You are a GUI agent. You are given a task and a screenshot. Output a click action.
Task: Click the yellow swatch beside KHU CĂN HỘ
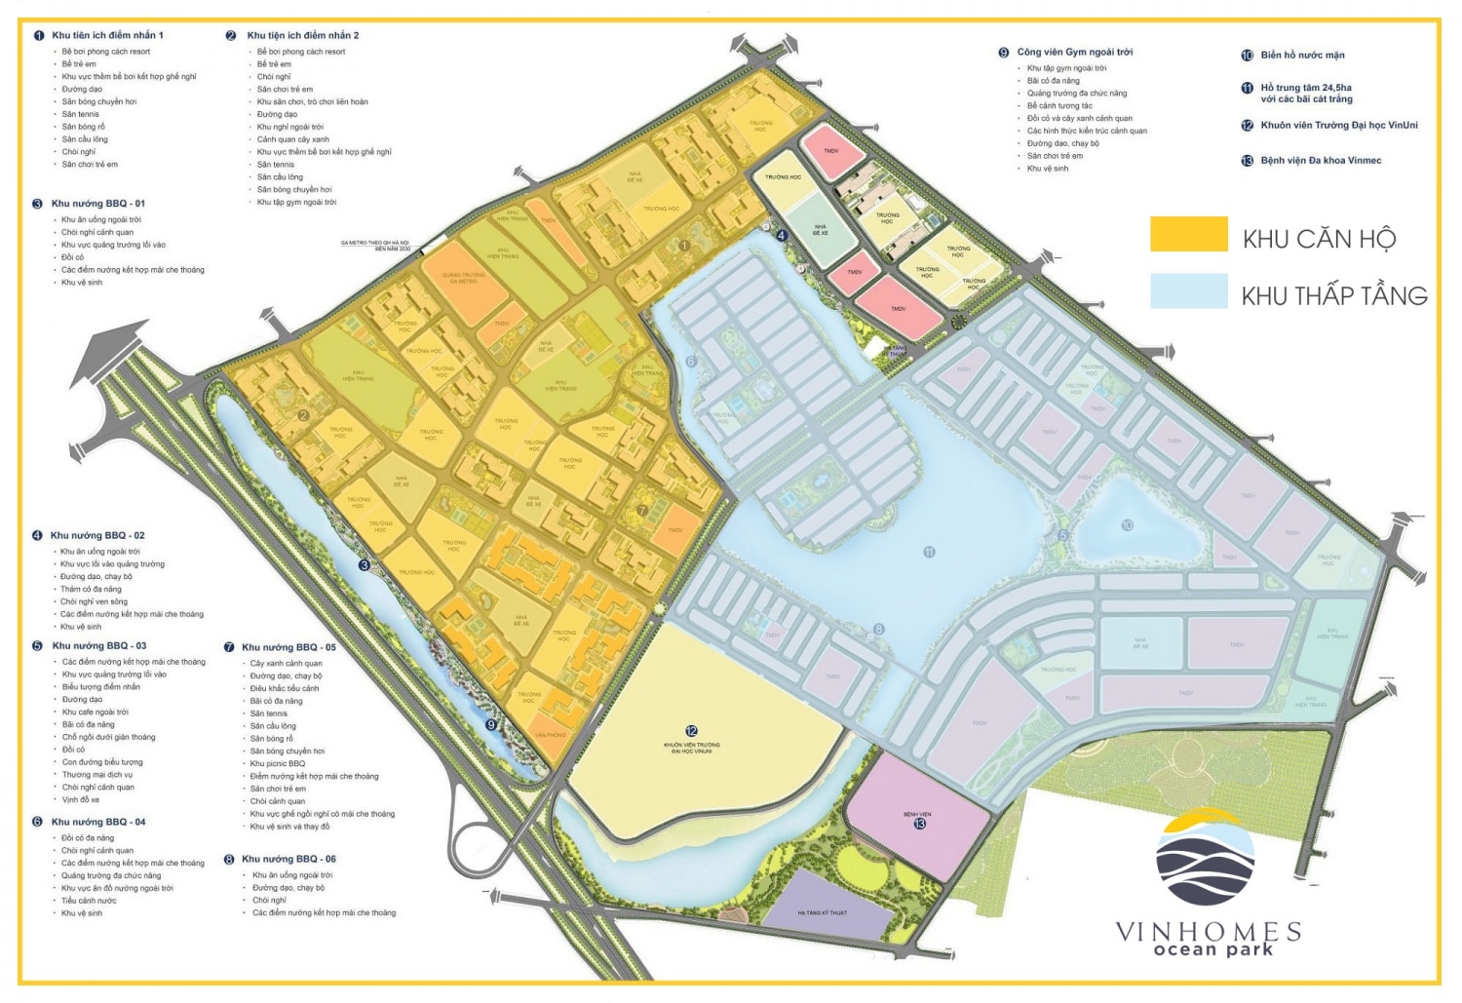point(1188,235)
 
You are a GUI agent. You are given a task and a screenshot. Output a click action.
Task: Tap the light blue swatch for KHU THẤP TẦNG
point(1188,291)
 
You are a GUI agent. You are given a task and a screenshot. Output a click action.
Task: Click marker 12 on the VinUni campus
point(691,731)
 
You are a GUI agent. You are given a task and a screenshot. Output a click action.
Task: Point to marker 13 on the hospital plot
point(919,824)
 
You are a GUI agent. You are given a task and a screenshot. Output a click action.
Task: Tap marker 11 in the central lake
point(929,553)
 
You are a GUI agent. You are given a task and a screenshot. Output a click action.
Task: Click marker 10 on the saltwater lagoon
point(1127,525)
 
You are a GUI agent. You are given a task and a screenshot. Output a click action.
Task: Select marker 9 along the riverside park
point(490,724)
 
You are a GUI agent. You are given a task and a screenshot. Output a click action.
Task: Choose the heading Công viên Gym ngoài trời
point(1074,52)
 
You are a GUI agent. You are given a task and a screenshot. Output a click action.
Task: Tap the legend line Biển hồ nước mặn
point(1301,56)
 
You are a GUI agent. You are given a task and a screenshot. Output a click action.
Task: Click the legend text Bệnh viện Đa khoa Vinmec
point(1320,161)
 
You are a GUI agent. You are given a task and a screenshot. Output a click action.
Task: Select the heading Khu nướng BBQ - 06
point(289,860)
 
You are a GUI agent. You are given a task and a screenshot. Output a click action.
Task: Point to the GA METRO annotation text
point(375,245)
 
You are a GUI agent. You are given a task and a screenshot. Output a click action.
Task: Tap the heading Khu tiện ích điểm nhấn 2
point(302,35)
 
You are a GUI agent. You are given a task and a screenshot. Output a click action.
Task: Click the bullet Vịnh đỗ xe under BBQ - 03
point(81,800)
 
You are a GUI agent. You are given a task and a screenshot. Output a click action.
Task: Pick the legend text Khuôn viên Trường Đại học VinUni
point(1338,126)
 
